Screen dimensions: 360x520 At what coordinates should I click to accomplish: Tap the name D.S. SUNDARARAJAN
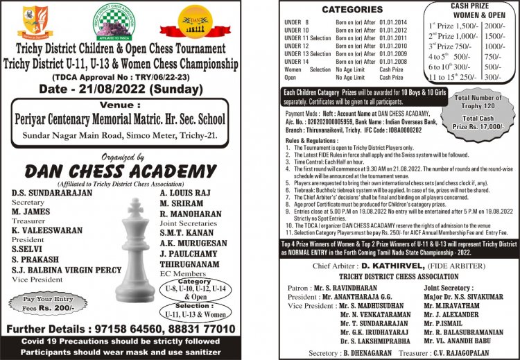tap(52, 192)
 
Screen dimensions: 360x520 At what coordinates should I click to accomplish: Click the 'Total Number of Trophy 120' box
tap(480, 103)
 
